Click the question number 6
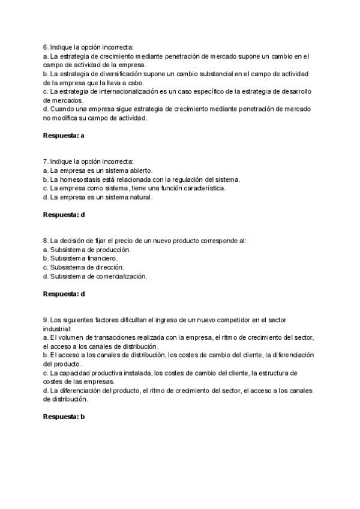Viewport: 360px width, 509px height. click(x=46, y=47)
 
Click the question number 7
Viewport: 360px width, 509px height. click(x=46, y=161)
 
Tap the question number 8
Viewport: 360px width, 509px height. click(x=46, y=240)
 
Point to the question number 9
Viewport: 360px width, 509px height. click(x=46, y=320)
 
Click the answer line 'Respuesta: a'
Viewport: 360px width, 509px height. click(x=64, y=136)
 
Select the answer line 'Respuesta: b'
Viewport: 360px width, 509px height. click(x=64, y=417)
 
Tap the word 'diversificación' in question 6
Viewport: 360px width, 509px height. click(x=111, y=74)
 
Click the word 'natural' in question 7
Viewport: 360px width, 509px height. click(x=141, y=197)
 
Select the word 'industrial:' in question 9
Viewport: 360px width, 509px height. click(x=57, y=329)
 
